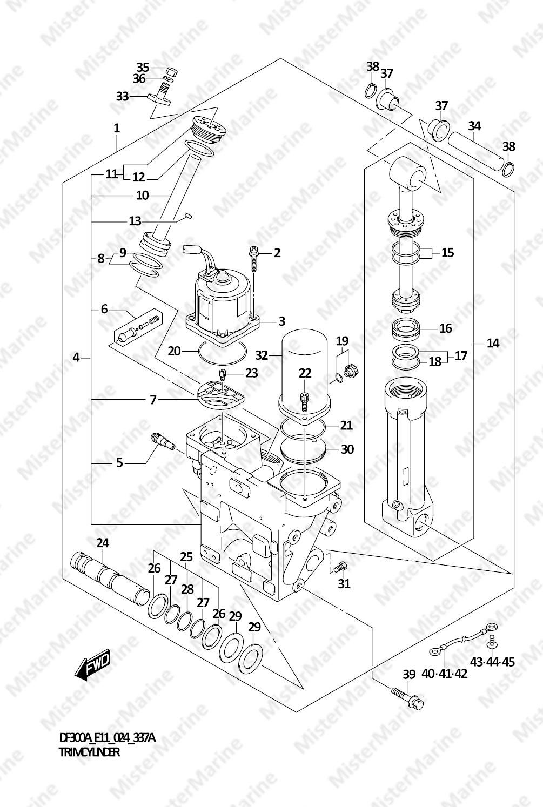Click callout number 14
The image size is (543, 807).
[493, 344]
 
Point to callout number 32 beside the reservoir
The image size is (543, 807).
[262, 355]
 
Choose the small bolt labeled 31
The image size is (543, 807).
[340, 567]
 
